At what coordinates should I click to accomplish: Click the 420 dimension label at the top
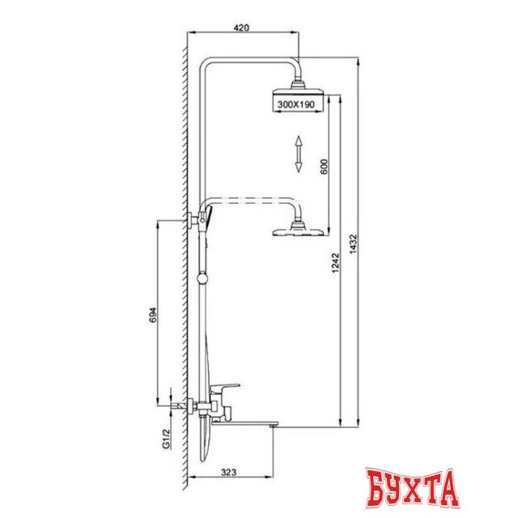click(240, 27)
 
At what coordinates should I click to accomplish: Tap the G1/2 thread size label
click(165, 439)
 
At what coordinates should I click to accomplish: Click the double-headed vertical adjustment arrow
click(298, 154)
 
